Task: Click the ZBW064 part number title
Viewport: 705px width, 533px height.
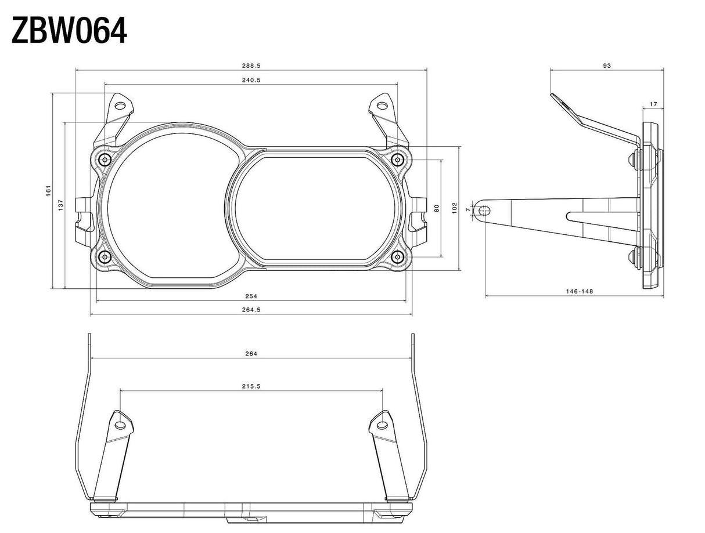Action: [69, 30]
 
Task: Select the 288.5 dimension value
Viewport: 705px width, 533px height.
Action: [251, 66]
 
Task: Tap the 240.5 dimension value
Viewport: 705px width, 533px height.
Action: [251, 80]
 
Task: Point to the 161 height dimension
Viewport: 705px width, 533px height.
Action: [49, 190]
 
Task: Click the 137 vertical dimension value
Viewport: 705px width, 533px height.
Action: [61, 205]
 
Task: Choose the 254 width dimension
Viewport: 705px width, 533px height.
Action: [251, 296]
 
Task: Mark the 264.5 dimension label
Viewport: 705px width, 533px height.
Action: [251, 310]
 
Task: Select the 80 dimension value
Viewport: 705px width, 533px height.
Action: [436, 208]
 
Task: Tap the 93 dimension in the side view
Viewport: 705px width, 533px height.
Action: [607, 66]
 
